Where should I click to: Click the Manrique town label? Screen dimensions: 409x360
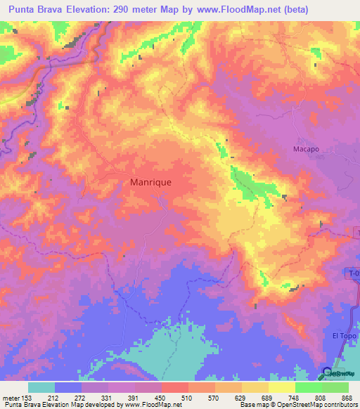pos(151,181)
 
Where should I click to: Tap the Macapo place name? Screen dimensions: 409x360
pos(306,149)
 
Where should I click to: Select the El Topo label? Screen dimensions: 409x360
pos(345,337)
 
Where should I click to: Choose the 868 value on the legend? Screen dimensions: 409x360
pos(344,398)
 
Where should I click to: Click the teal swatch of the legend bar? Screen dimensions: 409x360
pos(41,387)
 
